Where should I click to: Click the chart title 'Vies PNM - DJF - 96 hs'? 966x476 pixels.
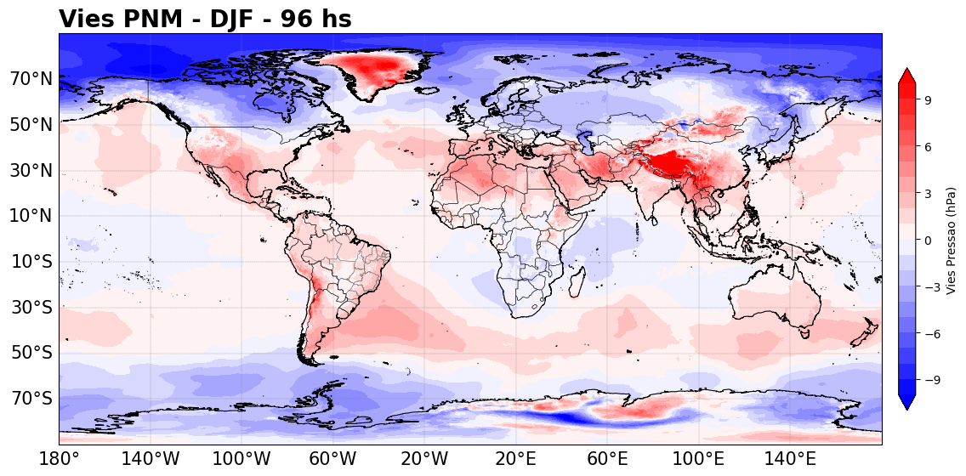point(205,19)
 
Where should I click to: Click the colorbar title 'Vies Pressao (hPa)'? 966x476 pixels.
point(952,241)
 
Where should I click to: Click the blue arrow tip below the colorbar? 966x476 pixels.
point(906,408)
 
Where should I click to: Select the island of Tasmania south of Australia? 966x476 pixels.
point(804,333)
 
